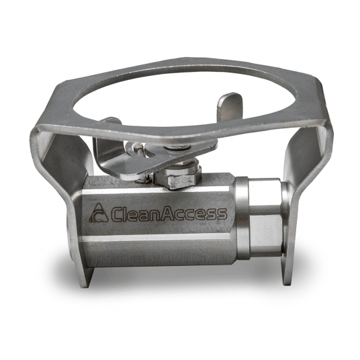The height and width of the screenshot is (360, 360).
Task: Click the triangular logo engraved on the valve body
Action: pyautogui.click(x=99, y=213)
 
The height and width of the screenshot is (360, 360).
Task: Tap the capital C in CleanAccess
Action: pyautogui.click(x=116, y=214)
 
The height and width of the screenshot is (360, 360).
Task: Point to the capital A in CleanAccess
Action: pyautogui.click(x=168, y=213)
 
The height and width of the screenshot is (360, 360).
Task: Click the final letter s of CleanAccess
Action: pyautogui.click(x=221, y=214)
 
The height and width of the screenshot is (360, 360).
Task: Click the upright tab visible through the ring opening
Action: pyautogui.click(x=230, y=107)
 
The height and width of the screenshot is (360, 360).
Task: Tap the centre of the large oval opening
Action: pyautogui.click(x=183, y=97)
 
